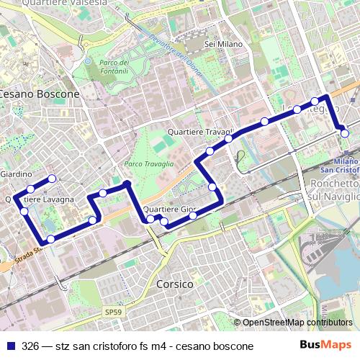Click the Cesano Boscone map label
click(x=39, y=94)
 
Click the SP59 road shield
click(x=112, y=312)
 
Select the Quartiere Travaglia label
click(x=199, y=133)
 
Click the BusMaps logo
click(x=326, y=345)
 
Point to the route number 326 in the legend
click(x=30, y=346)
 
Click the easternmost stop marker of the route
click(x=345, y=132)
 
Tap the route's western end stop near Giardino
click(x=51, y=178)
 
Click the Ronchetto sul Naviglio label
click(x=333, y=189)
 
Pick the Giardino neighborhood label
click(x=15, y=174)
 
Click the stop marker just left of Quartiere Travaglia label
click(x=210, y=150)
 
